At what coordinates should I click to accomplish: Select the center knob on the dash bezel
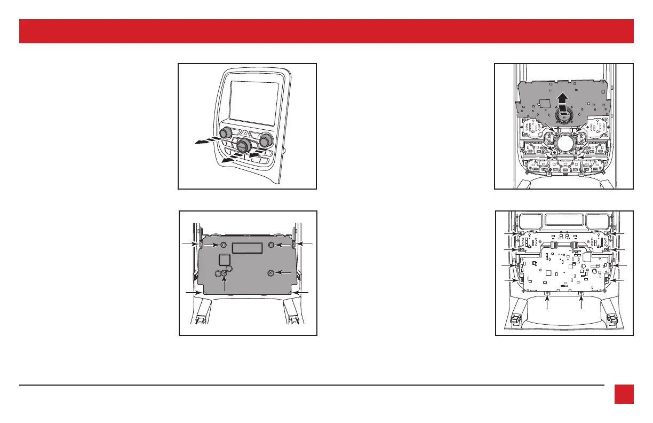[x=245, y=145]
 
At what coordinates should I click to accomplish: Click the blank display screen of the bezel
[x=254, y=103]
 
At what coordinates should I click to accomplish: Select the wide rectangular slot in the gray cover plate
[x=247, y=247]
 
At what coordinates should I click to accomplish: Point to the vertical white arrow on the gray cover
[x=226, y=283]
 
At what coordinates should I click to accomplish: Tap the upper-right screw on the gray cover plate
[x=272, y=245]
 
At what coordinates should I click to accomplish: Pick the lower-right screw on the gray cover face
[x=271, y=273]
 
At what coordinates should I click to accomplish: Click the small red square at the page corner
[x=623, y=395]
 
